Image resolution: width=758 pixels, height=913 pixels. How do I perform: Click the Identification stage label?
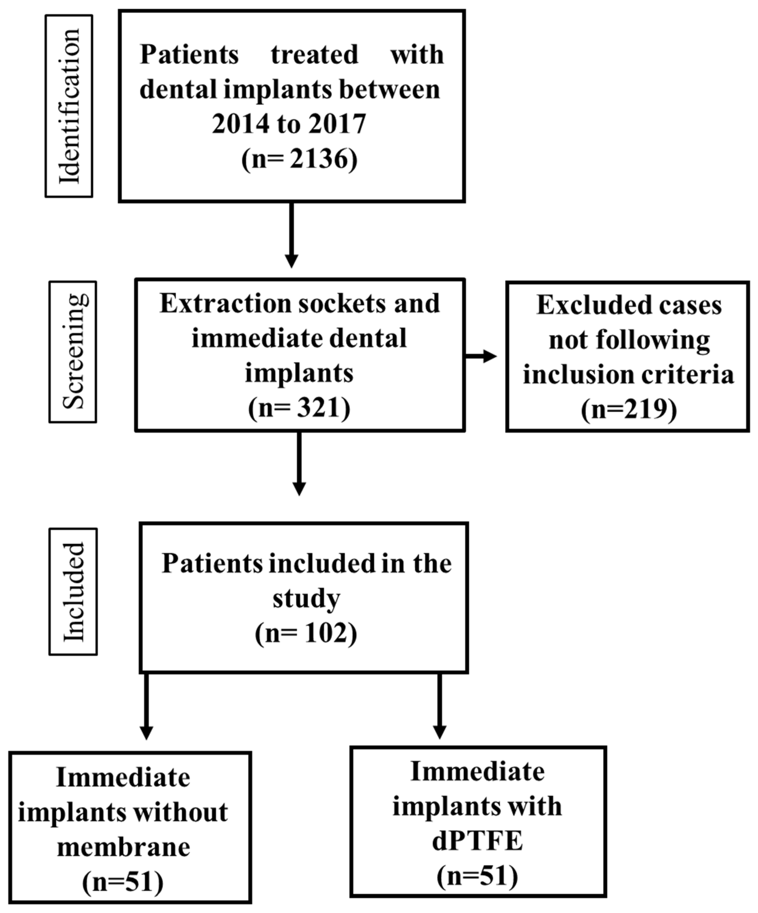pyautogui.click(x=69, y=106)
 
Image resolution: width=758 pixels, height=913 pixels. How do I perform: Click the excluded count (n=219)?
pyautogui.click(x=629, y=409)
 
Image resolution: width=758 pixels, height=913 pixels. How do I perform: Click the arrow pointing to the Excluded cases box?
pyautogui.click(x=481, y=356)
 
